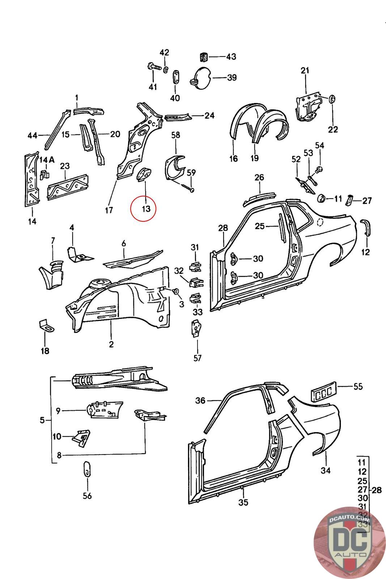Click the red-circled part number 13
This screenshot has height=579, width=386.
coord(146,209)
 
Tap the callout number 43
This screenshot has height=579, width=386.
coord(231,57)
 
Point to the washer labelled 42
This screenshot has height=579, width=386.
coord(165,69)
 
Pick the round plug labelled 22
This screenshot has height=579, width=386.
coord(332,99)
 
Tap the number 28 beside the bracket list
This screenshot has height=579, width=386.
coord(377,490)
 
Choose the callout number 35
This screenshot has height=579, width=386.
coord(243,502)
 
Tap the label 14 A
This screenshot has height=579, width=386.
coord(47,160)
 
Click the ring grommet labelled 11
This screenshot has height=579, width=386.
coord(321,198)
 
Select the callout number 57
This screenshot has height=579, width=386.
coord(198,358)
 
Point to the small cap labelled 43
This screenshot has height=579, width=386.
coord(204,56)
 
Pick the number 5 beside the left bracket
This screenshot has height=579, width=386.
coord(42,420)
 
